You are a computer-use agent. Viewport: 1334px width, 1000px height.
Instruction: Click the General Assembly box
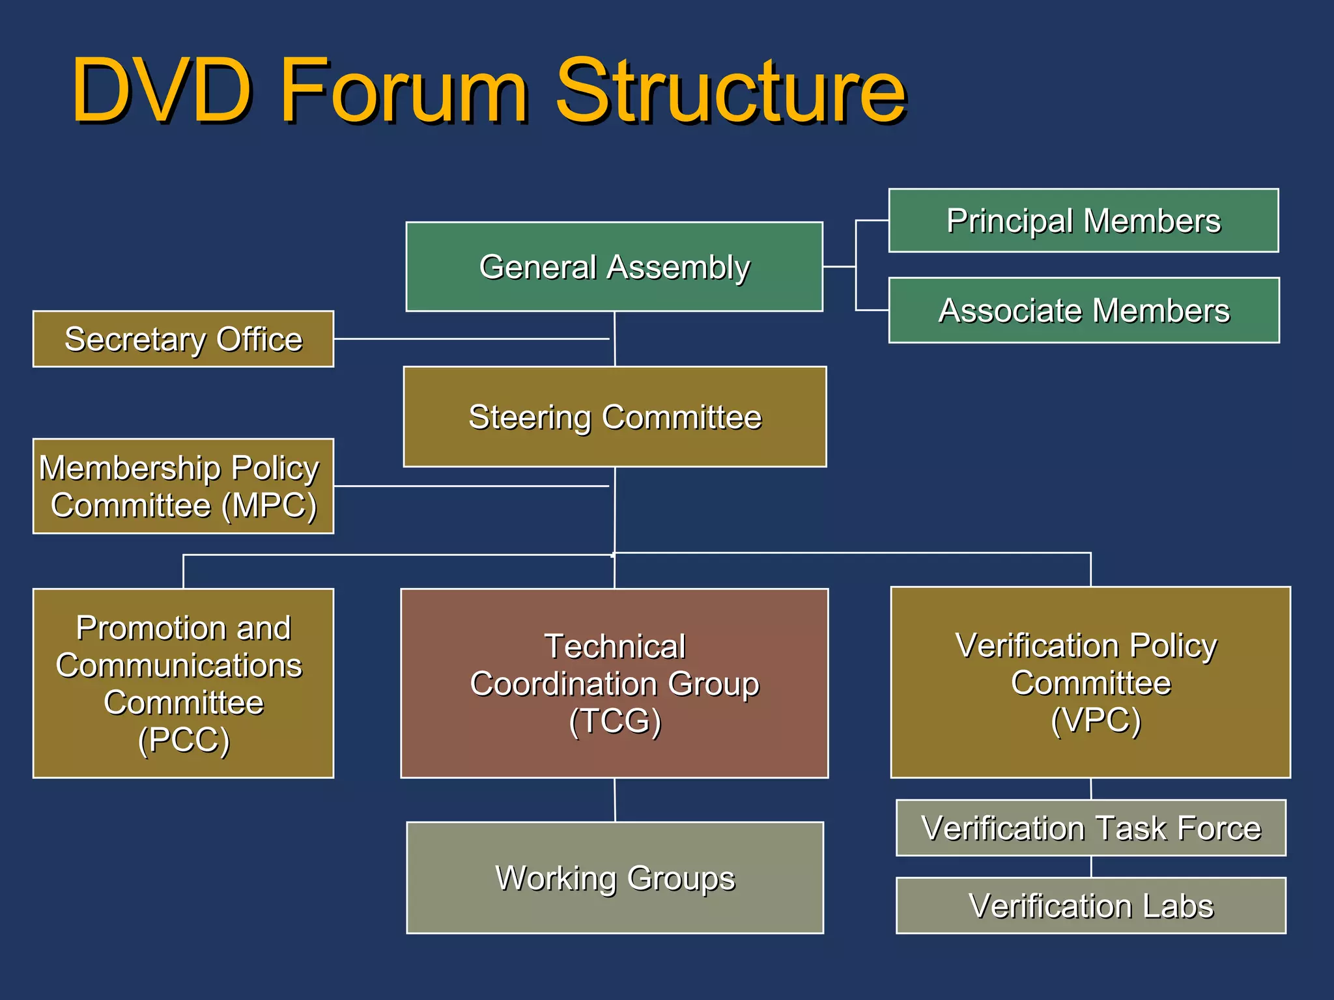pos(614,267)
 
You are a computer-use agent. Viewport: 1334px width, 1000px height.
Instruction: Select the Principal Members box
pos(1083,221)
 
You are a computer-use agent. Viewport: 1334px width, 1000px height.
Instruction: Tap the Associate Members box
pos(1084,311)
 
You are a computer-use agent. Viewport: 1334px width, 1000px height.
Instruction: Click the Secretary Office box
pos(183,339)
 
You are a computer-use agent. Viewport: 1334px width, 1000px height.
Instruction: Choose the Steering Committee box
pos(615,417)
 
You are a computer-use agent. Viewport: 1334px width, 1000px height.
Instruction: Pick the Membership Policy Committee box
pos(183,486)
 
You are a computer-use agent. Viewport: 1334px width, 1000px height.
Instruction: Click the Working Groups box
pos(615,878)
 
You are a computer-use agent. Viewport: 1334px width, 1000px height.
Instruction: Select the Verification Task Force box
pos(1091,828)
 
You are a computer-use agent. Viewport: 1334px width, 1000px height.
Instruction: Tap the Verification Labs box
pos(1091,906)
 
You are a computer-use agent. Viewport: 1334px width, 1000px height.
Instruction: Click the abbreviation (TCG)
pos(615,721)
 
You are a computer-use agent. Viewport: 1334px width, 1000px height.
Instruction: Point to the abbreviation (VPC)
pos(1096,720)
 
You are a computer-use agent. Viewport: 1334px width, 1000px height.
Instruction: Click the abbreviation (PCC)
pos(184,740)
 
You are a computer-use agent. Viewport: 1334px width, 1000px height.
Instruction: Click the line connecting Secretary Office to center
pos(469,339)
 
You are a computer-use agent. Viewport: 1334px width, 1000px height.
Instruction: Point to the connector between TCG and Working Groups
pos(615,800)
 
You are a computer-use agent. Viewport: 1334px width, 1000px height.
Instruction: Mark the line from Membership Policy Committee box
pos(469,486)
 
